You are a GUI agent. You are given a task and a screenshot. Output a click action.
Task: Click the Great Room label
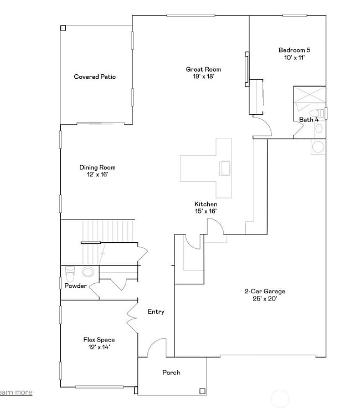(203, 69)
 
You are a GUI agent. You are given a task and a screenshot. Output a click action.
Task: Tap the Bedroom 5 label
(292, 50)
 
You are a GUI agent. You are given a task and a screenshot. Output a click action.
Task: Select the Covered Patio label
(95, 77)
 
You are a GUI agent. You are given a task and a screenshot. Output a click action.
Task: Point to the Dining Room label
(97, 167)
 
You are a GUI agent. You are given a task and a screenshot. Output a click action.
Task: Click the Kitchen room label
(205, 204)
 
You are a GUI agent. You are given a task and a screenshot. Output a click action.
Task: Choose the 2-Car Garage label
(265, 291)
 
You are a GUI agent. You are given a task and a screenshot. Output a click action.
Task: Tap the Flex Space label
(99, 340)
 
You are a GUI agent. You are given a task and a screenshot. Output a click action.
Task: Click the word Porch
(171, 373)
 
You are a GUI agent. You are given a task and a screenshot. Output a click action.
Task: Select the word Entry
(156, 312)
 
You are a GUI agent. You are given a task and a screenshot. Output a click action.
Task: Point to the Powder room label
(75, 286)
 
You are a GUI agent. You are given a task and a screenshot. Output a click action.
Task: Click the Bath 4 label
(308, 120)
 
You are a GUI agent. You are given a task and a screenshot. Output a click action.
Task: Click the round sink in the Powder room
(88, 272)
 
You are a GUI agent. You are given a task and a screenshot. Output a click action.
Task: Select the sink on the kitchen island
(225, 167)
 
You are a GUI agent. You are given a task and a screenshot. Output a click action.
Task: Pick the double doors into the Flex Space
(131, 317)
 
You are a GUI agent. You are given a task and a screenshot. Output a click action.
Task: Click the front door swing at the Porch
(157, 348)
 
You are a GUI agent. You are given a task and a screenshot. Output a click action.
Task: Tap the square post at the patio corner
(63, 28)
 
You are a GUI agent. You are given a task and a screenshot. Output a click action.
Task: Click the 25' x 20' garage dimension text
(265, 299)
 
